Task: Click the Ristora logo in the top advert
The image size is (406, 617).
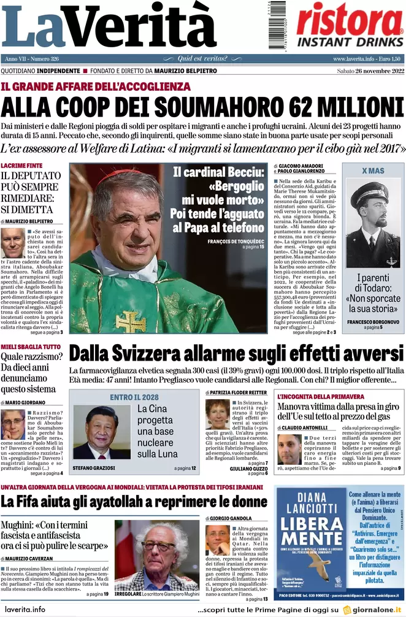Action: coord(350,19)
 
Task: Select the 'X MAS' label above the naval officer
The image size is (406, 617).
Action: coord(373,171)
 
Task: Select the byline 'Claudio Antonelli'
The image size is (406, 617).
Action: coord(305,427)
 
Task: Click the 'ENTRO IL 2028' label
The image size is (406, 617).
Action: coord(134,397)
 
